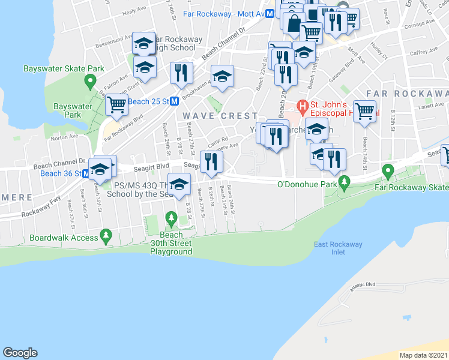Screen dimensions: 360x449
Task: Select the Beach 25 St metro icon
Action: pyautogui.click(x=173, y=102)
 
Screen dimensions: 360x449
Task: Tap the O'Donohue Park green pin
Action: pyautogui.click(x=344, y=181)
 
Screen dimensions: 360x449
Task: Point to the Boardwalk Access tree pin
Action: pyautogui.click(x=106, y=233)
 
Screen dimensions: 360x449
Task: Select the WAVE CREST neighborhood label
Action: pyautogui.click(x=220, y=115)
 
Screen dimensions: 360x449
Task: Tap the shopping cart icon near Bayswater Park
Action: pyautogui.click(x=116, y=105)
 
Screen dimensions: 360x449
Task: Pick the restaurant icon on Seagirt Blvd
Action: pyautogui.click(x=211, y=161)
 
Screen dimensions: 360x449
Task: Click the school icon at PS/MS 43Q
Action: pyautogui.click(x=178, y=184)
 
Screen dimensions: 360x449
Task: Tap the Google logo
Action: pyautogui.click(x=20, y=353)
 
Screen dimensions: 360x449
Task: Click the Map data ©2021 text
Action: pyautogui.click(x=423, y=355)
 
